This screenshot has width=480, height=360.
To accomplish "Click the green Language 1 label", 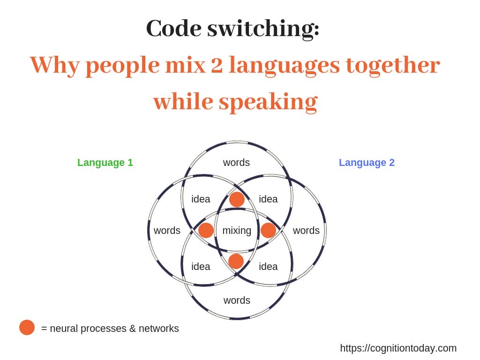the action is click(105, 163).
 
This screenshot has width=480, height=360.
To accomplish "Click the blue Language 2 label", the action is click(367, 163).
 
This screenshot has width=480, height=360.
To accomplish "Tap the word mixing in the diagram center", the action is click(237, 231).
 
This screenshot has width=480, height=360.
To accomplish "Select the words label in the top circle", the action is click(236, 163).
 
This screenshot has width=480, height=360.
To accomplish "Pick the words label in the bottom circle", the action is click(237, 300).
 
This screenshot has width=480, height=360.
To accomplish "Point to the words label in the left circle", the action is click(167, 231).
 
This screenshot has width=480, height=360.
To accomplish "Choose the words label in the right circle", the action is click(306, 231).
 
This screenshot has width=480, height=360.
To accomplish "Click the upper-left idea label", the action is click(201, 199).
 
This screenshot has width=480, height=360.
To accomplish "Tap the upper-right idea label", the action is click(268, 199).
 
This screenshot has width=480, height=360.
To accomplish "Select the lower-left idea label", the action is click(201, 267).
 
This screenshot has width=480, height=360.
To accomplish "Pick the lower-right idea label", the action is click(268, 267).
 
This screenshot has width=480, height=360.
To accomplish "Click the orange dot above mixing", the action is click(237, 200).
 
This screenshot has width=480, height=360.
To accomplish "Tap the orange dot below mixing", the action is click(236, 262).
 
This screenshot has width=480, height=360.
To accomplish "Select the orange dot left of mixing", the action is click(206, 230).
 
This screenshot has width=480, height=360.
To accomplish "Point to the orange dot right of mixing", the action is click(268, 230).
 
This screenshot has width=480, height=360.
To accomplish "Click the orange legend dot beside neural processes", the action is click(27, 328).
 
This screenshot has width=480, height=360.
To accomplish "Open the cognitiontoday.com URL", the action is click(398, 348).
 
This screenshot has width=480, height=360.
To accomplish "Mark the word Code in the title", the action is click(173, 29).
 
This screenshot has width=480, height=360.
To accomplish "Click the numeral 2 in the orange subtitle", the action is click(217, 65).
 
